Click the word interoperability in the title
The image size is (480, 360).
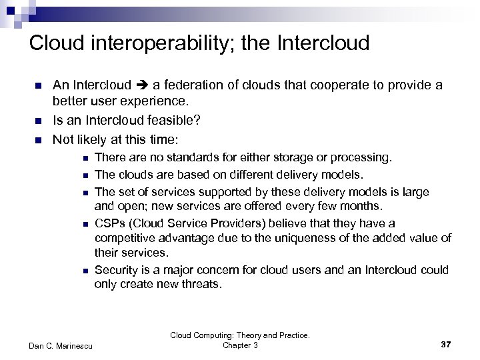tap(163, 43)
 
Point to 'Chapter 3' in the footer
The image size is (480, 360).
tap(239, 345)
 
